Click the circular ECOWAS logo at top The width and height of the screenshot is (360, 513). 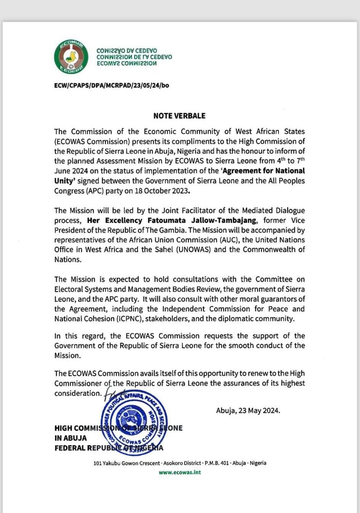71,57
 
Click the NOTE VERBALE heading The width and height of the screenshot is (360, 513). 179,116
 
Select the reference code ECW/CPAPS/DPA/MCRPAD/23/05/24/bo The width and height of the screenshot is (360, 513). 112,85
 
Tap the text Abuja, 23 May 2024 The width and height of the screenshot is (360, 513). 248,411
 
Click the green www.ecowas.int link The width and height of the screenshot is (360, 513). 179,472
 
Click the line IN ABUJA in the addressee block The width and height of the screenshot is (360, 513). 70,438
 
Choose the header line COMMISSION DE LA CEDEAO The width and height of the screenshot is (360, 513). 134,57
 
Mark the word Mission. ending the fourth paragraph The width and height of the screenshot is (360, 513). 67,356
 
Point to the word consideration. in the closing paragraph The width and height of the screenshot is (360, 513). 78,393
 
